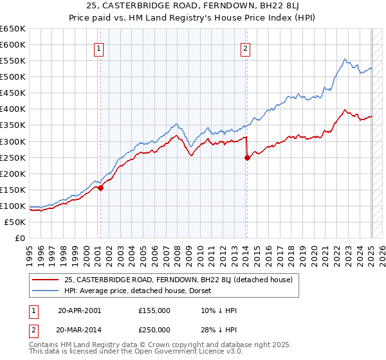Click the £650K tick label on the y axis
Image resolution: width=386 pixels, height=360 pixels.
(14, 29)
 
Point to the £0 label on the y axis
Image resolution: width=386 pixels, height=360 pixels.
(20, 238)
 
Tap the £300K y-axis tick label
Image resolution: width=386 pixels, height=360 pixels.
(14, 141)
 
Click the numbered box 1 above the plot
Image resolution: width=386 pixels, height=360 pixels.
(99, 48)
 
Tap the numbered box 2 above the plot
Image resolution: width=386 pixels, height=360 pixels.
(246, 48)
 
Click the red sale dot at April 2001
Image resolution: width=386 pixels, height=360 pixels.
(100, 188)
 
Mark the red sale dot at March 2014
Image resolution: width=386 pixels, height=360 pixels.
(247, 157)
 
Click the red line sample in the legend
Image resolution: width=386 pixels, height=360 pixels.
(46, 280)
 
